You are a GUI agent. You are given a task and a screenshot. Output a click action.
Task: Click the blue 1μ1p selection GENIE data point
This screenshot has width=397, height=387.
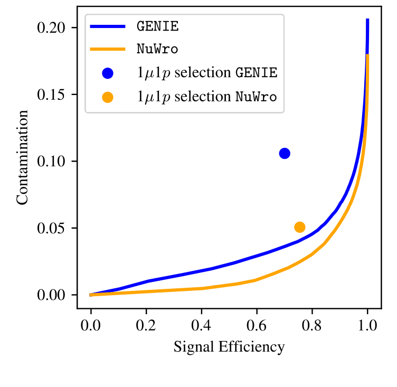coord(285,153)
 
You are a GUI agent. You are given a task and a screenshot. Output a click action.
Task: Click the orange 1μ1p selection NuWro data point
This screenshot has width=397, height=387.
coord(300,227)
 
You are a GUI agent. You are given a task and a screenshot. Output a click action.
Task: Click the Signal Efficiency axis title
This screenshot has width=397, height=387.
coord(229,347)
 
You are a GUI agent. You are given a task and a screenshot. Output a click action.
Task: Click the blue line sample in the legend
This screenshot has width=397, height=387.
coord(108,26)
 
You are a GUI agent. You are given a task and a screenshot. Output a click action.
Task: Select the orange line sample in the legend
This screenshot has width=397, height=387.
coord(108,50)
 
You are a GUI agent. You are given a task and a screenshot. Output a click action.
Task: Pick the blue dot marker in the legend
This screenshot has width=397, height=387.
coord(108,73)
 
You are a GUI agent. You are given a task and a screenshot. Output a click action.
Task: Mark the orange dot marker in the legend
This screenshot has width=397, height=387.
coord(108,97)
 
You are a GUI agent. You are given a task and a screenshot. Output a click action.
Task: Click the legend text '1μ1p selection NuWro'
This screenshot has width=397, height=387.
coord(206,97)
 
